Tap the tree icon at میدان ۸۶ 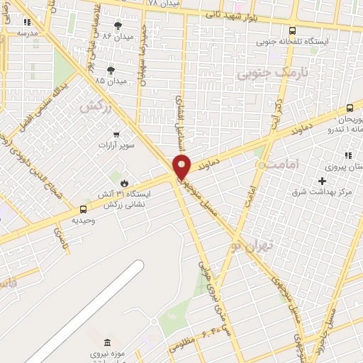pyautogui.click(x=118, y=25)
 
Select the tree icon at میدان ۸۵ pyautogui.click(x=111, y=69)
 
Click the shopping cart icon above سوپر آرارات pyautogui.click(x=116, y=133)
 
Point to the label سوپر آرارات pyautogui.click(x=118, y=144)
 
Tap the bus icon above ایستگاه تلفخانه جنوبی pyautogui.click(x=293, y=30)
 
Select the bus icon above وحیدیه pyautogui.click(x=84, y=209)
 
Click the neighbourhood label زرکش pyautogui.click(x=97, y=107)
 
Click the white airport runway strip pyautogui.click(x=85, y=312)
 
